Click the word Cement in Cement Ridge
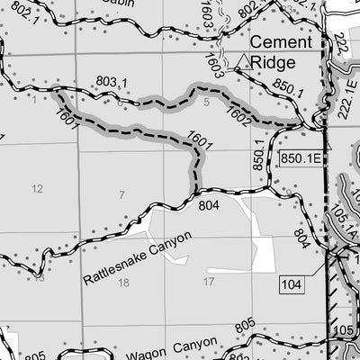pos(281,42)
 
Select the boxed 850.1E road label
pos(300,158)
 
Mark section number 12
pos(37,188)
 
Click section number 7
pos(121,195)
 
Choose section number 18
pos(123,283)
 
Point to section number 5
pos(205,103)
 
